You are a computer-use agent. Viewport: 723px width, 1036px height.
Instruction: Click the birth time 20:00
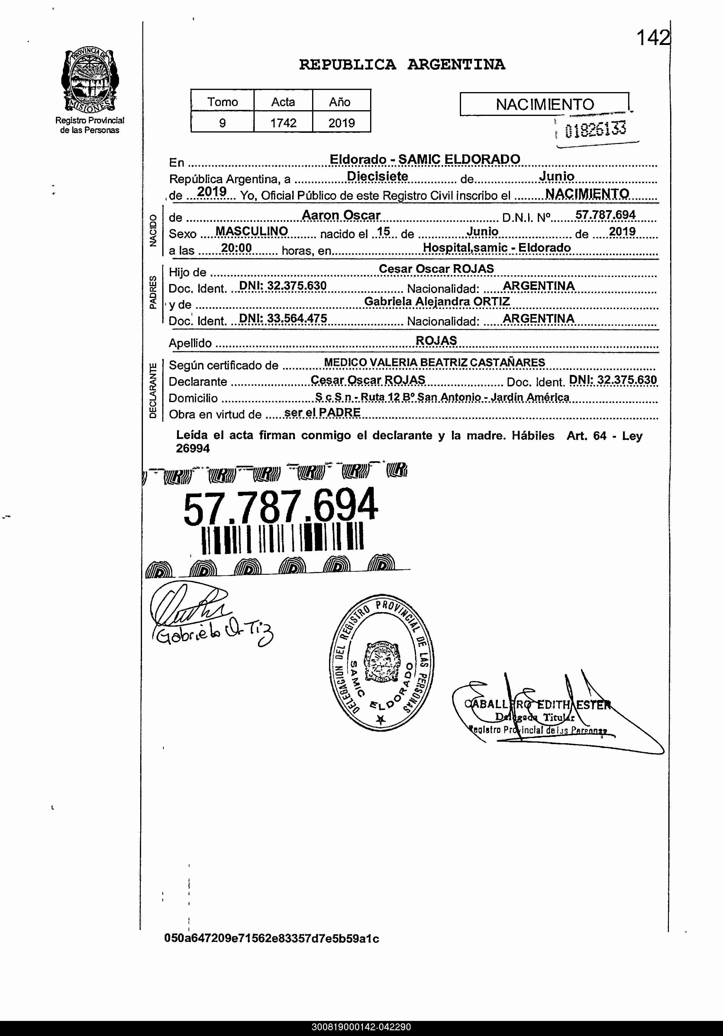click(236, 248)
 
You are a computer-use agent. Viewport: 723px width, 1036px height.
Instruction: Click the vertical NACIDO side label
click(153, 231)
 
